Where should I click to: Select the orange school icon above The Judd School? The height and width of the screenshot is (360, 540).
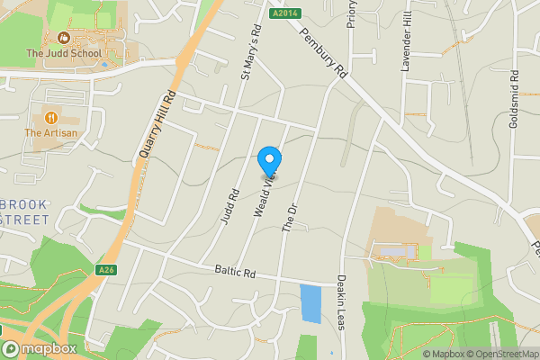64,38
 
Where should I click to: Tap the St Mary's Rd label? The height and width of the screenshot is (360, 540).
250,51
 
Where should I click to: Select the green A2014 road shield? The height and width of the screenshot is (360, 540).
283,13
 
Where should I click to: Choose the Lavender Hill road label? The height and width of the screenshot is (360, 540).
407,45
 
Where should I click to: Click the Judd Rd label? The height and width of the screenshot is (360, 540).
228,206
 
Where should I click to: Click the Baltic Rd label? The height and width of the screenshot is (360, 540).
236,271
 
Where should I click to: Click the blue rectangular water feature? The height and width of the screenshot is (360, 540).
310,304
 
